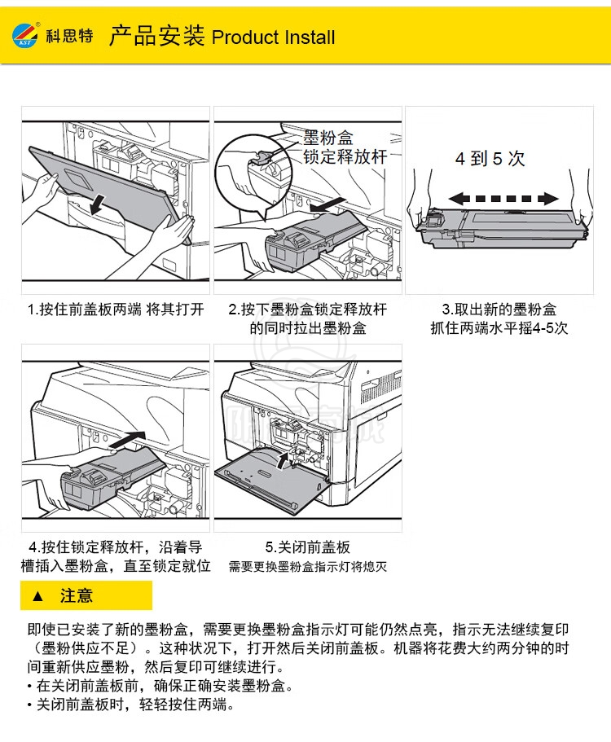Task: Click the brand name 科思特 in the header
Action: coord(69,36)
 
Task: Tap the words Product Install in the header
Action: coord(274,37)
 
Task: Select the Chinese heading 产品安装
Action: coord(157,36)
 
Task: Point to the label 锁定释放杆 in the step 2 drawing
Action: coord(345,156)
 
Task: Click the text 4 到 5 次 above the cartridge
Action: coord(490,159)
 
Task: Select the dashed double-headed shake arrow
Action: coord(503,198)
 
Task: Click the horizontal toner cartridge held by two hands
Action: coord(501,227)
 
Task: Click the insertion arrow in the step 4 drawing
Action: coord(127,440)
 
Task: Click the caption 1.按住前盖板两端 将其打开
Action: coord(116,310)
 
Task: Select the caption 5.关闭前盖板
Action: coord(308,547)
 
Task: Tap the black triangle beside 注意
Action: coord(37,595)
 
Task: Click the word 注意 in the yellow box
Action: coord(77,595)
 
